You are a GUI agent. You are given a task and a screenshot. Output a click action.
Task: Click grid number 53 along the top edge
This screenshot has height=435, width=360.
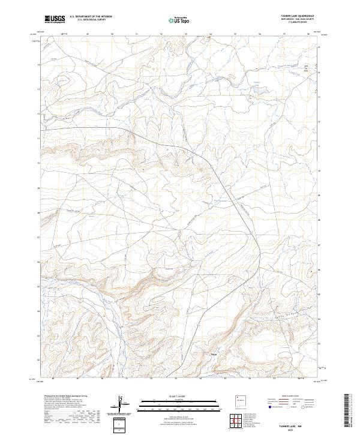click(186, 34)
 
